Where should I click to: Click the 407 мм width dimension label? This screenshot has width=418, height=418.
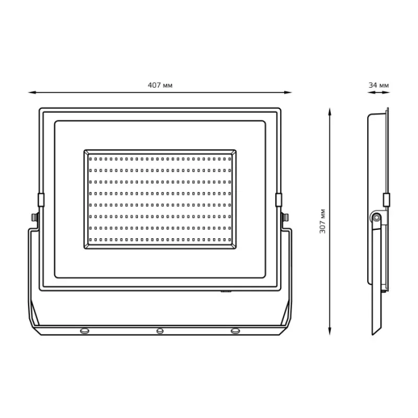tap(160, 85)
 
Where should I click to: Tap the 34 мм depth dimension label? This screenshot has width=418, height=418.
tap(378, 85)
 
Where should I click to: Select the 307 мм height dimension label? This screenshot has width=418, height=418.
tap(322, 221)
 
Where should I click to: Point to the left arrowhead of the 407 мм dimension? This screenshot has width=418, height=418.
tap(32, 92)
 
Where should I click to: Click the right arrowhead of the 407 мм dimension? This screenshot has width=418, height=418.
tap(288, 92)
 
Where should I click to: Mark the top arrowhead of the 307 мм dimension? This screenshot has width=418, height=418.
tap(330, 112)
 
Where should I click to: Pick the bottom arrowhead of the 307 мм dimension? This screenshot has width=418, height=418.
tap(330, 331)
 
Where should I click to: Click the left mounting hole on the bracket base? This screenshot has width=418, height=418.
tap(85, 331)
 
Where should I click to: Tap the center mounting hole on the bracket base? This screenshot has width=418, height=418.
tap(160, 331)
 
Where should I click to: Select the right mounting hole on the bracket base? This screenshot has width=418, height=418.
tap(235, 331)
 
